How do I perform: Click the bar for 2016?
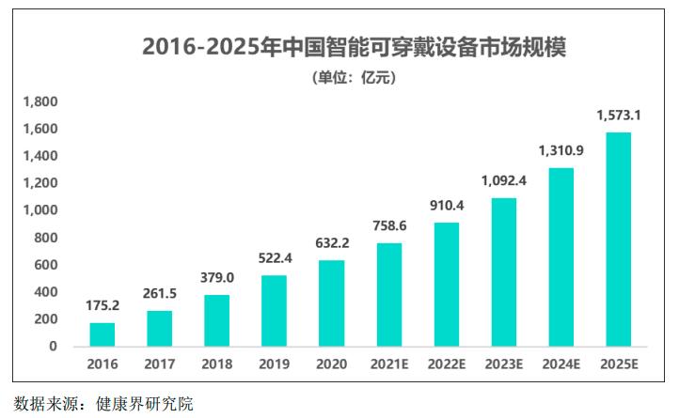(103, 335)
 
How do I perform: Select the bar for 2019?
(274, 311)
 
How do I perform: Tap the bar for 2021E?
(388, 295)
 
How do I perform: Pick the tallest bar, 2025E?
(617, 240)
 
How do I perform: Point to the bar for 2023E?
(503, 272)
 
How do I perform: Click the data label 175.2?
(103, 305)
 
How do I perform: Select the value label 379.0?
(217, 277)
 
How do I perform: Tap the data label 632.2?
(331, 243)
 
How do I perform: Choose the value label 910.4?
(446, 205)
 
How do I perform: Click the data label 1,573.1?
(618, 115)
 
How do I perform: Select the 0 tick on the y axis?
(53, 347)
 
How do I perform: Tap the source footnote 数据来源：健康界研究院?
(103, 405)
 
